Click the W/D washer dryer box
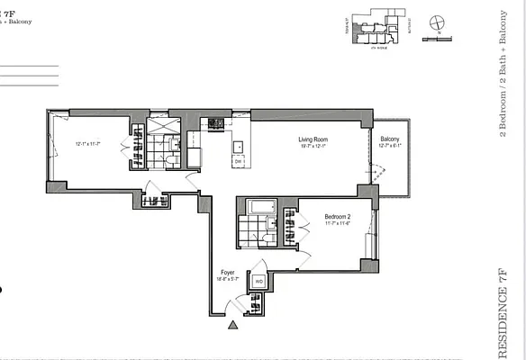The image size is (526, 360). tap(258, 282)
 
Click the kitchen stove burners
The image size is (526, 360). tap(215, 123)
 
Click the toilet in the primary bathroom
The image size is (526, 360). tap(170, 158)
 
